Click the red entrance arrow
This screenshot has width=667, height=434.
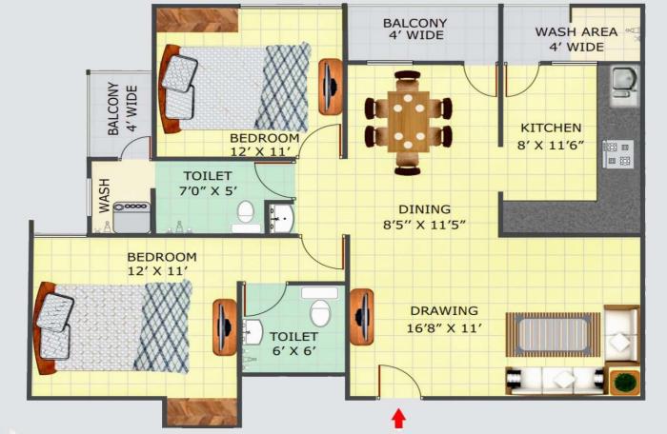pyautogui.click(x=398, y=418)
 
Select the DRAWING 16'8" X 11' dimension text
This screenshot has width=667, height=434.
pyautogui.click(x=444, y=328)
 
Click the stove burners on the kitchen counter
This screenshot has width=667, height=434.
pyautogui.click(x=617, y=153)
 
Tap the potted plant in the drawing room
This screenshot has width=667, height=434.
pyautogui.click(x=625, y=383)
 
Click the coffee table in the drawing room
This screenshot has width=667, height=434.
pyautogui.click(x=553, y=333)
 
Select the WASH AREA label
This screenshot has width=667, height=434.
pyautogui.click(x=576, y=31)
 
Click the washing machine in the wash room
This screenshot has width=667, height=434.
pyautogui.click(x=131, y=218)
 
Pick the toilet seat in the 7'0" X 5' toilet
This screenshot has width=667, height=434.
pyautogui.click(x=246, y=215)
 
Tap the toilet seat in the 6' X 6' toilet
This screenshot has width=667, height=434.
pyautogui.click(x=320, y=309)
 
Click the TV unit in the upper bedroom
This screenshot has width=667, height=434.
pyautogui.click(x=330, y=87)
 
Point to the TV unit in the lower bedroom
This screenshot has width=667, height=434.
pyautogui.click(x=225, y=326)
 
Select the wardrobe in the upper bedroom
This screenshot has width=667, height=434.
pyautogui.click(x=197, y=18)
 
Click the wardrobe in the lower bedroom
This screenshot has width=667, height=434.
pyautogui.click(x=200, y=411)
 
